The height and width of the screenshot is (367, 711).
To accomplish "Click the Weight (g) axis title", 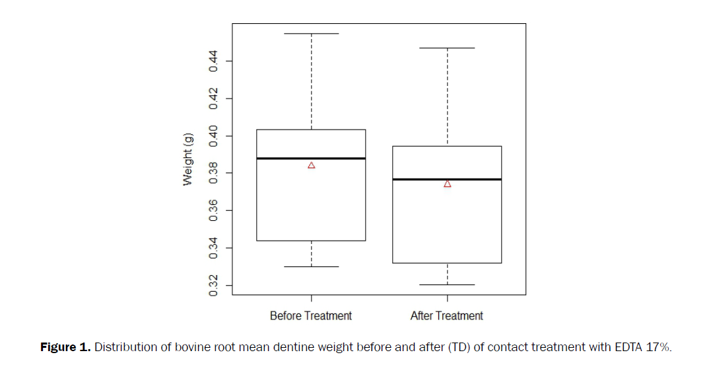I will click(188, 159).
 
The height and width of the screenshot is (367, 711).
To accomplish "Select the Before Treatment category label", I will click(311, 316).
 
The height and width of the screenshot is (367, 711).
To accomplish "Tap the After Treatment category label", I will click(447, 316).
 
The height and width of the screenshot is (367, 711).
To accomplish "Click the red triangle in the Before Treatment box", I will click(312, 165).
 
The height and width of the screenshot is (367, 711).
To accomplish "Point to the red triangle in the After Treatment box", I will click(448, 184).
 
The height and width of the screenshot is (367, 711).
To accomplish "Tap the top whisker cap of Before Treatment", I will click(311, 33).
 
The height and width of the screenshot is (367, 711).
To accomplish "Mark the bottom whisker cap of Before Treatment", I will click(311, 266).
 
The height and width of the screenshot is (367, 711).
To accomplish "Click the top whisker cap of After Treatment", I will click(447, 48).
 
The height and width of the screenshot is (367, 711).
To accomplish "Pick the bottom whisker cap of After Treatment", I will click(447, 284).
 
